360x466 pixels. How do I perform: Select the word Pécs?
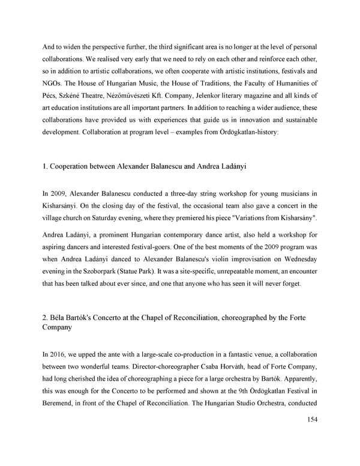click(52, 96)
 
